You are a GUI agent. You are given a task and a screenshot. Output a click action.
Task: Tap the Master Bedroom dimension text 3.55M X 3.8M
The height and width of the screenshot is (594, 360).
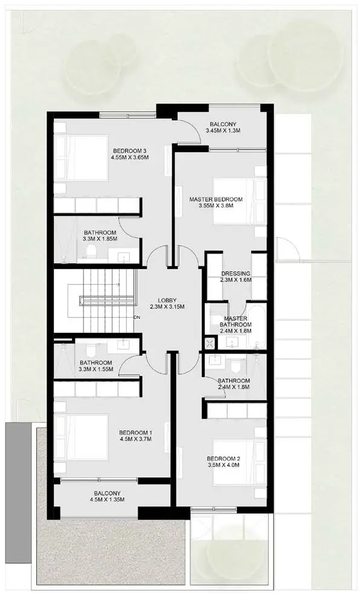coord(216,205)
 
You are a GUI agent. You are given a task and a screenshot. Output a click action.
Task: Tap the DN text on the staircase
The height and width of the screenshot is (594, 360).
coord(137,317)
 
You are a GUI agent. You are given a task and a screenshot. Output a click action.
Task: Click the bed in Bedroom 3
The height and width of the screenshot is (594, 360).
coord(81,158)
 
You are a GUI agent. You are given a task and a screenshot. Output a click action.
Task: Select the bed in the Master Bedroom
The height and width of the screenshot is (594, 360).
coord(240,201)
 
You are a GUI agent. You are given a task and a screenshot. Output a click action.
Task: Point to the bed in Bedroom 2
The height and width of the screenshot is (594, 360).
coord(240,462)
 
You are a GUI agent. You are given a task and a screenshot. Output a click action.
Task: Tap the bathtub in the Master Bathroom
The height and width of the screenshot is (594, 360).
coord(258,326)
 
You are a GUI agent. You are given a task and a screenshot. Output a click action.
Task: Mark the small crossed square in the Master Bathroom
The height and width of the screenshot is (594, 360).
coord(210,343)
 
